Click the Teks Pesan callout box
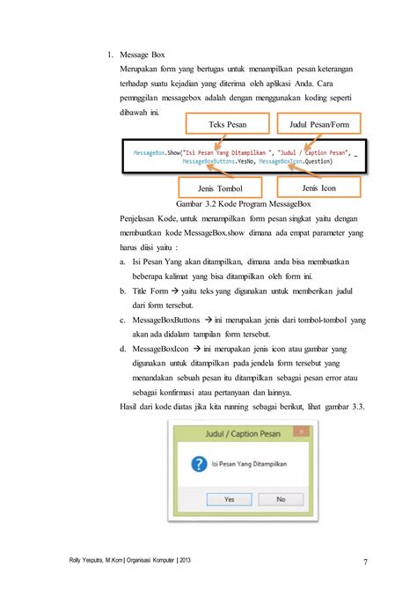(x=222, y=125)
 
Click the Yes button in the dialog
(x=229, y=498)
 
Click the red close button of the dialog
(x=301, y=431)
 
